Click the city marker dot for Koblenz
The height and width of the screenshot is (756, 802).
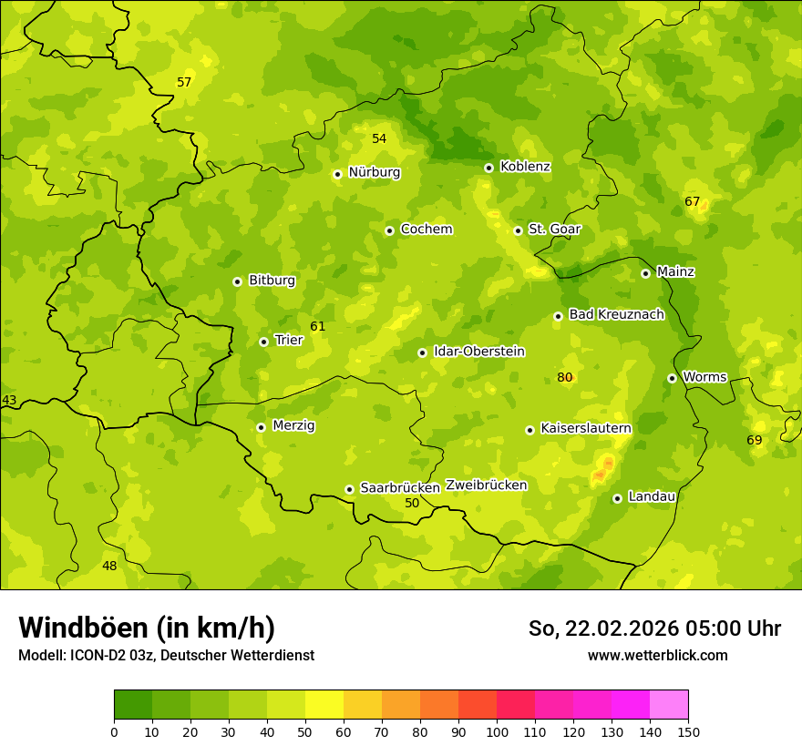(x=488, y=168)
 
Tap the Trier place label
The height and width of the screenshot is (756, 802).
(x=289, y=340)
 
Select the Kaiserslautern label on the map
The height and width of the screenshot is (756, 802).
(x=586, y=428)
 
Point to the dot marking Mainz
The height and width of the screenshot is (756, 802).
(x=645, y=273)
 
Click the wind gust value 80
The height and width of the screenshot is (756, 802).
(x=565, y=377)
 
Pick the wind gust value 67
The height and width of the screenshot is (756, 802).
(x=693, y=201)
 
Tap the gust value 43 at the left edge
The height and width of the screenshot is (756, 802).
(x=9, y=400)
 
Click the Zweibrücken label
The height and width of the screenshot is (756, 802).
(x=486, y=485)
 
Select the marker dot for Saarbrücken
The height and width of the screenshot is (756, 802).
(x=349, y=489)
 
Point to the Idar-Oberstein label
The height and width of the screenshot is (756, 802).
(x=479, y=352)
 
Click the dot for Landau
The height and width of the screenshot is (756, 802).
(x=617, y=498)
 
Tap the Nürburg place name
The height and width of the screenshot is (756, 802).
(x=374, y=172)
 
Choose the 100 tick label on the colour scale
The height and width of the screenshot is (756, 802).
(x=497, y=731)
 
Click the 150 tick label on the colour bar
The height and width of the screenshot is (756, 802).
(x=688, y=731)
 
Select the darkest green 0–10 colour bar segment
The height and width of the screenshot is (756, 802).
(x=133, y=705)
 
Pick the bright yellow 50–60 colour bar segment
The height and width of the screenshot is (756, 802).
(x=324, y=705)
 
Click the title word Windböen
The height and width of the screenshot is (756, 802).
(x=84, y=628)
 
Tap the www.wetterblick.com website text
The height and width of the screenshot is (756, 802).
(x=657, y=655)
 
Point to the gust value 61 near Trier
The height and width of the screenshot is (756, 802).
(x=317, y=326)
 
